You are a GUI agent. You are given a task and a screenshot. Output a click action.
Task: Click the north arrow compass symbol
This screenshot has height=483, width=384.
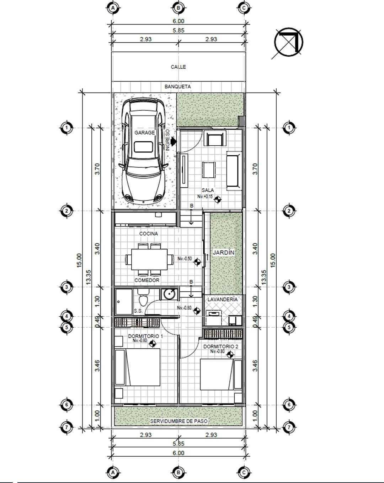(289, 42)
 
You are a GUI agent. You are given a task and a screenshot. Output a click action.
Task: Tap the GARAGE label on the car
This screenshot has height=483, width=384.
(144, 133)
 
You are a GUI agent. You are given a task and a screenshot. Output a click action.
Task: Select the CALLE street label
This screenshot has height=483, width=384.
(178, 67)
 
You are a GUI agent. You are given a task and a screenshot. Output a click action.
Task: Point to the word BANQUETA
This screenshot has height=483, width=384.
(178, 87)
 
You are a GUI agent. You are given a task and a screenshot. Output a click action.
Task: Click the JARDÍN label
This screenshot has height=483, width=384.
(224, 253)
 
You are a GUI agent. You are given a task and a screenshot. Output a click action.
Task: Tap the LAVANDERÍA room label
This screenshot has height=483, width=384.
(222, 300)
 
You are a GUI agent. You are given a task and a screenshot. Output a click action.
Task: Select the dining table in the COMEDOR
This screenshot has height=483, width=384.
(149, 259)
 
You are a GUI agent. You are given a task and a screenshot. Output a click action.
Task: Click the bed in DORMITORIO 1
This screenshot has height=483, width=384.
(138, 367)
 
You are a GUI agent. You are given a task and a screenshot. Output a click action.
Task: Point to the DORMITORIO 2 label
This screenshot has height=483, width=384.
(221, 347)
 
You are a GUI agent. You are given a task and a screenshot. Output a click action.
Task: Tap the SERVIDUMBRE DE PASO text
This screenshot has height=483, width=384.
(178, 421)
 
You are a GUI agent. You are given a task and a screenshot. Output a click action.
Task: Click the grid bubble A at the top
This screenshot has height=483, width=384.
(113, 8)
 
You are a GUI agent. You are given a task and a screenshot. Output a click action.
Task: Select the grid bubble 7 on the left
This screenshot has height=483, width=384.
(66, 427)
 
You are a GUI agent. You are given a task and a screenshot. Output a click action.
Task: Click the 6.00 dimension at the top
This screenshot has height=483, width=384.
(178, 21)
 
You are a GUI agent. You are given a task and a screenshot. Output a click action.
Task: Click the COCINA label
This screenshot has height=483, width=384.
(149, 234)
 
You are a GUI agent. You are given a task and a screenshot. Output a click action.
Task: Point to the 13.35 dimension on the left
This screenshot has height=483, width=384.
(89, 277)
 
